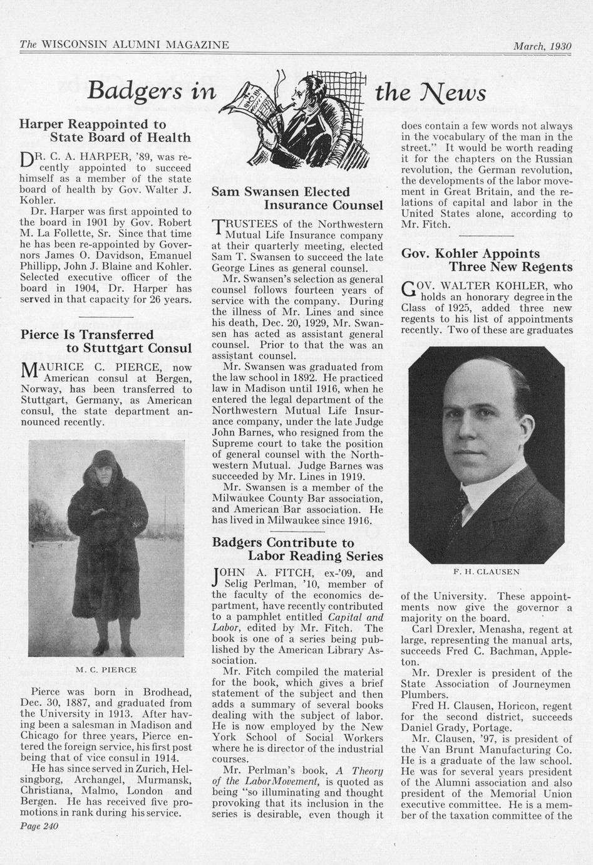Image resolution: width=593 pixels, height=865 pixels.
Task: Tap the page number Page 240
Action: pyautogui.click(x=39, y=826)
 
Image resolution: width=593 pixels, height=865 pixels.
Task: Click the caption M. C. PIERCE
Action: pyautogui.click(x=106, y=669)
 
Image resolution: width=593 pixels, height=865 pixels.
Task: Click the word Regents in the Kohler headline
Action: pyautogui.click(x=545, y=267)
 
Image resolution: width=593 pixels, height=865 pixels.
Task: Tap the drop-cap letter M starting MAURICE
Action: pyautogui.click(x=31, y=371)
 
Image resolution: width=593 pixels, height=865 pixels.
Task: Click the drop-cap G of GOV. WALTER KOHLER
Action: pyautogui.click(x=408, y=290)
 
